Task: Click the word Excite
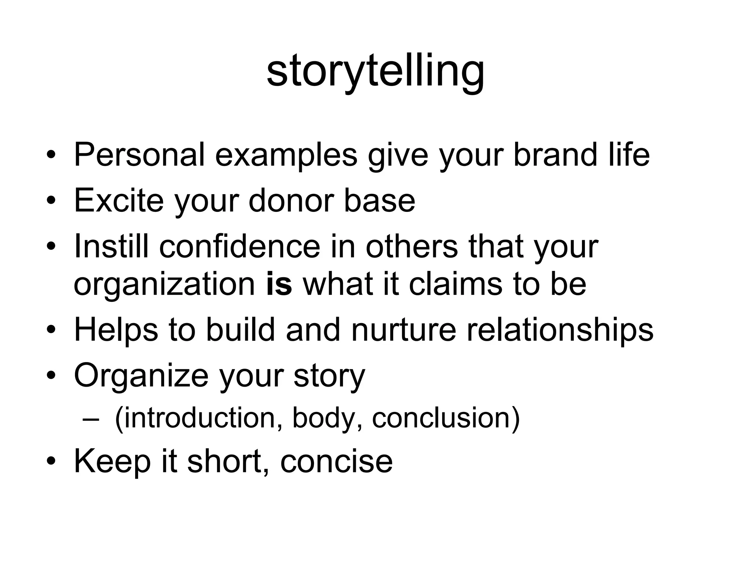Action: tap(119, 200)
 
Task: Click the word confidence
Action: tap(240, 246)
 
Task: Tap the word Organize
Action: tap(141, 375)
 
